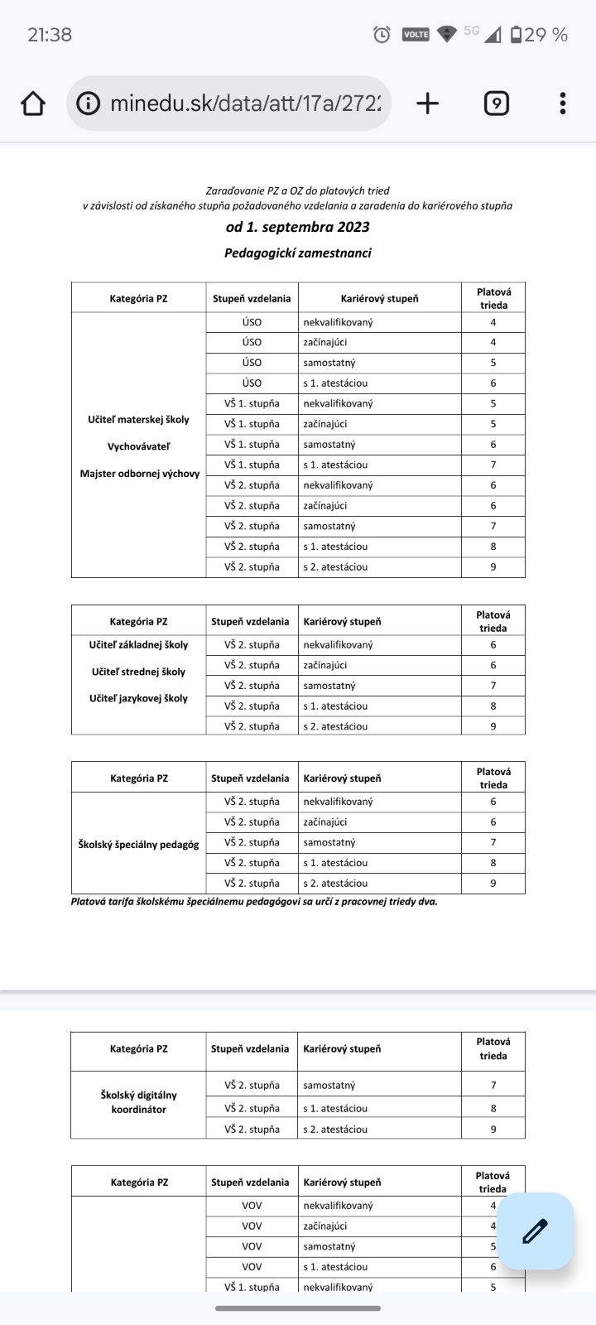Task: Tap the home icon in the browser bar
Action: tap(33, 104)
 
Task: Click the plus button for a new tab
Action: tap(427, 104)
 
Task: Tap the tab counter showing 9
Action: tap(496, 104)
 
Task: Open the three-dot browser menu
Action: tap(563, 104)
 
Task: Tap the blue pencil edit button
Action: tap(536, 1231)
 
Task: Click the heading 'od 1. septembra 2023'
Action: tap(298, 227)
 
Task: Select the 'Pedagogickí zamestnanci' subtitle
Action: tap(298, 253)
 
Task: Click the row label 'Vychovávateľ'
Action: tap(138, 446)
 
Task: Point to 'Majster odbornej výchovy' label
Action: tap(140, 474)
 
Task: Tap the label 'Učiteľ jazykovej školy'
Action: tap(138, 698)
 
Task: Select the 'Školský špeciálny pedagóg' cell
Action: tap(138, 844)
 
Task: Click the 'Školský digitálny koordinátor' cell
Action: tap(138, 1101)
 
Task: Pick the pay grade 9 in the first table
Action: tap(493, 567)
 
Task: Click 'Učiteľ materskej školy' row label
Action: tap(138, 420)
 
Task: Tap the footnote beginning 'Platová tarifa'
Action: tap(254, 901)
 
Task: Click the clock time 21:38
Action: tap(50, 35)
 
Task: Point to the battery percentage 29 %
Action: tap(546, 35)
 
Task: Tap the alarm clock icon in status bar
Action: tap(382, 35)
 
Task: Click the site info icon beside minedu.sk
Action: tap(87, 104)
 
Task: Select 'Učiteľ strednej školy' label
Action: tap(138, 672)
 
